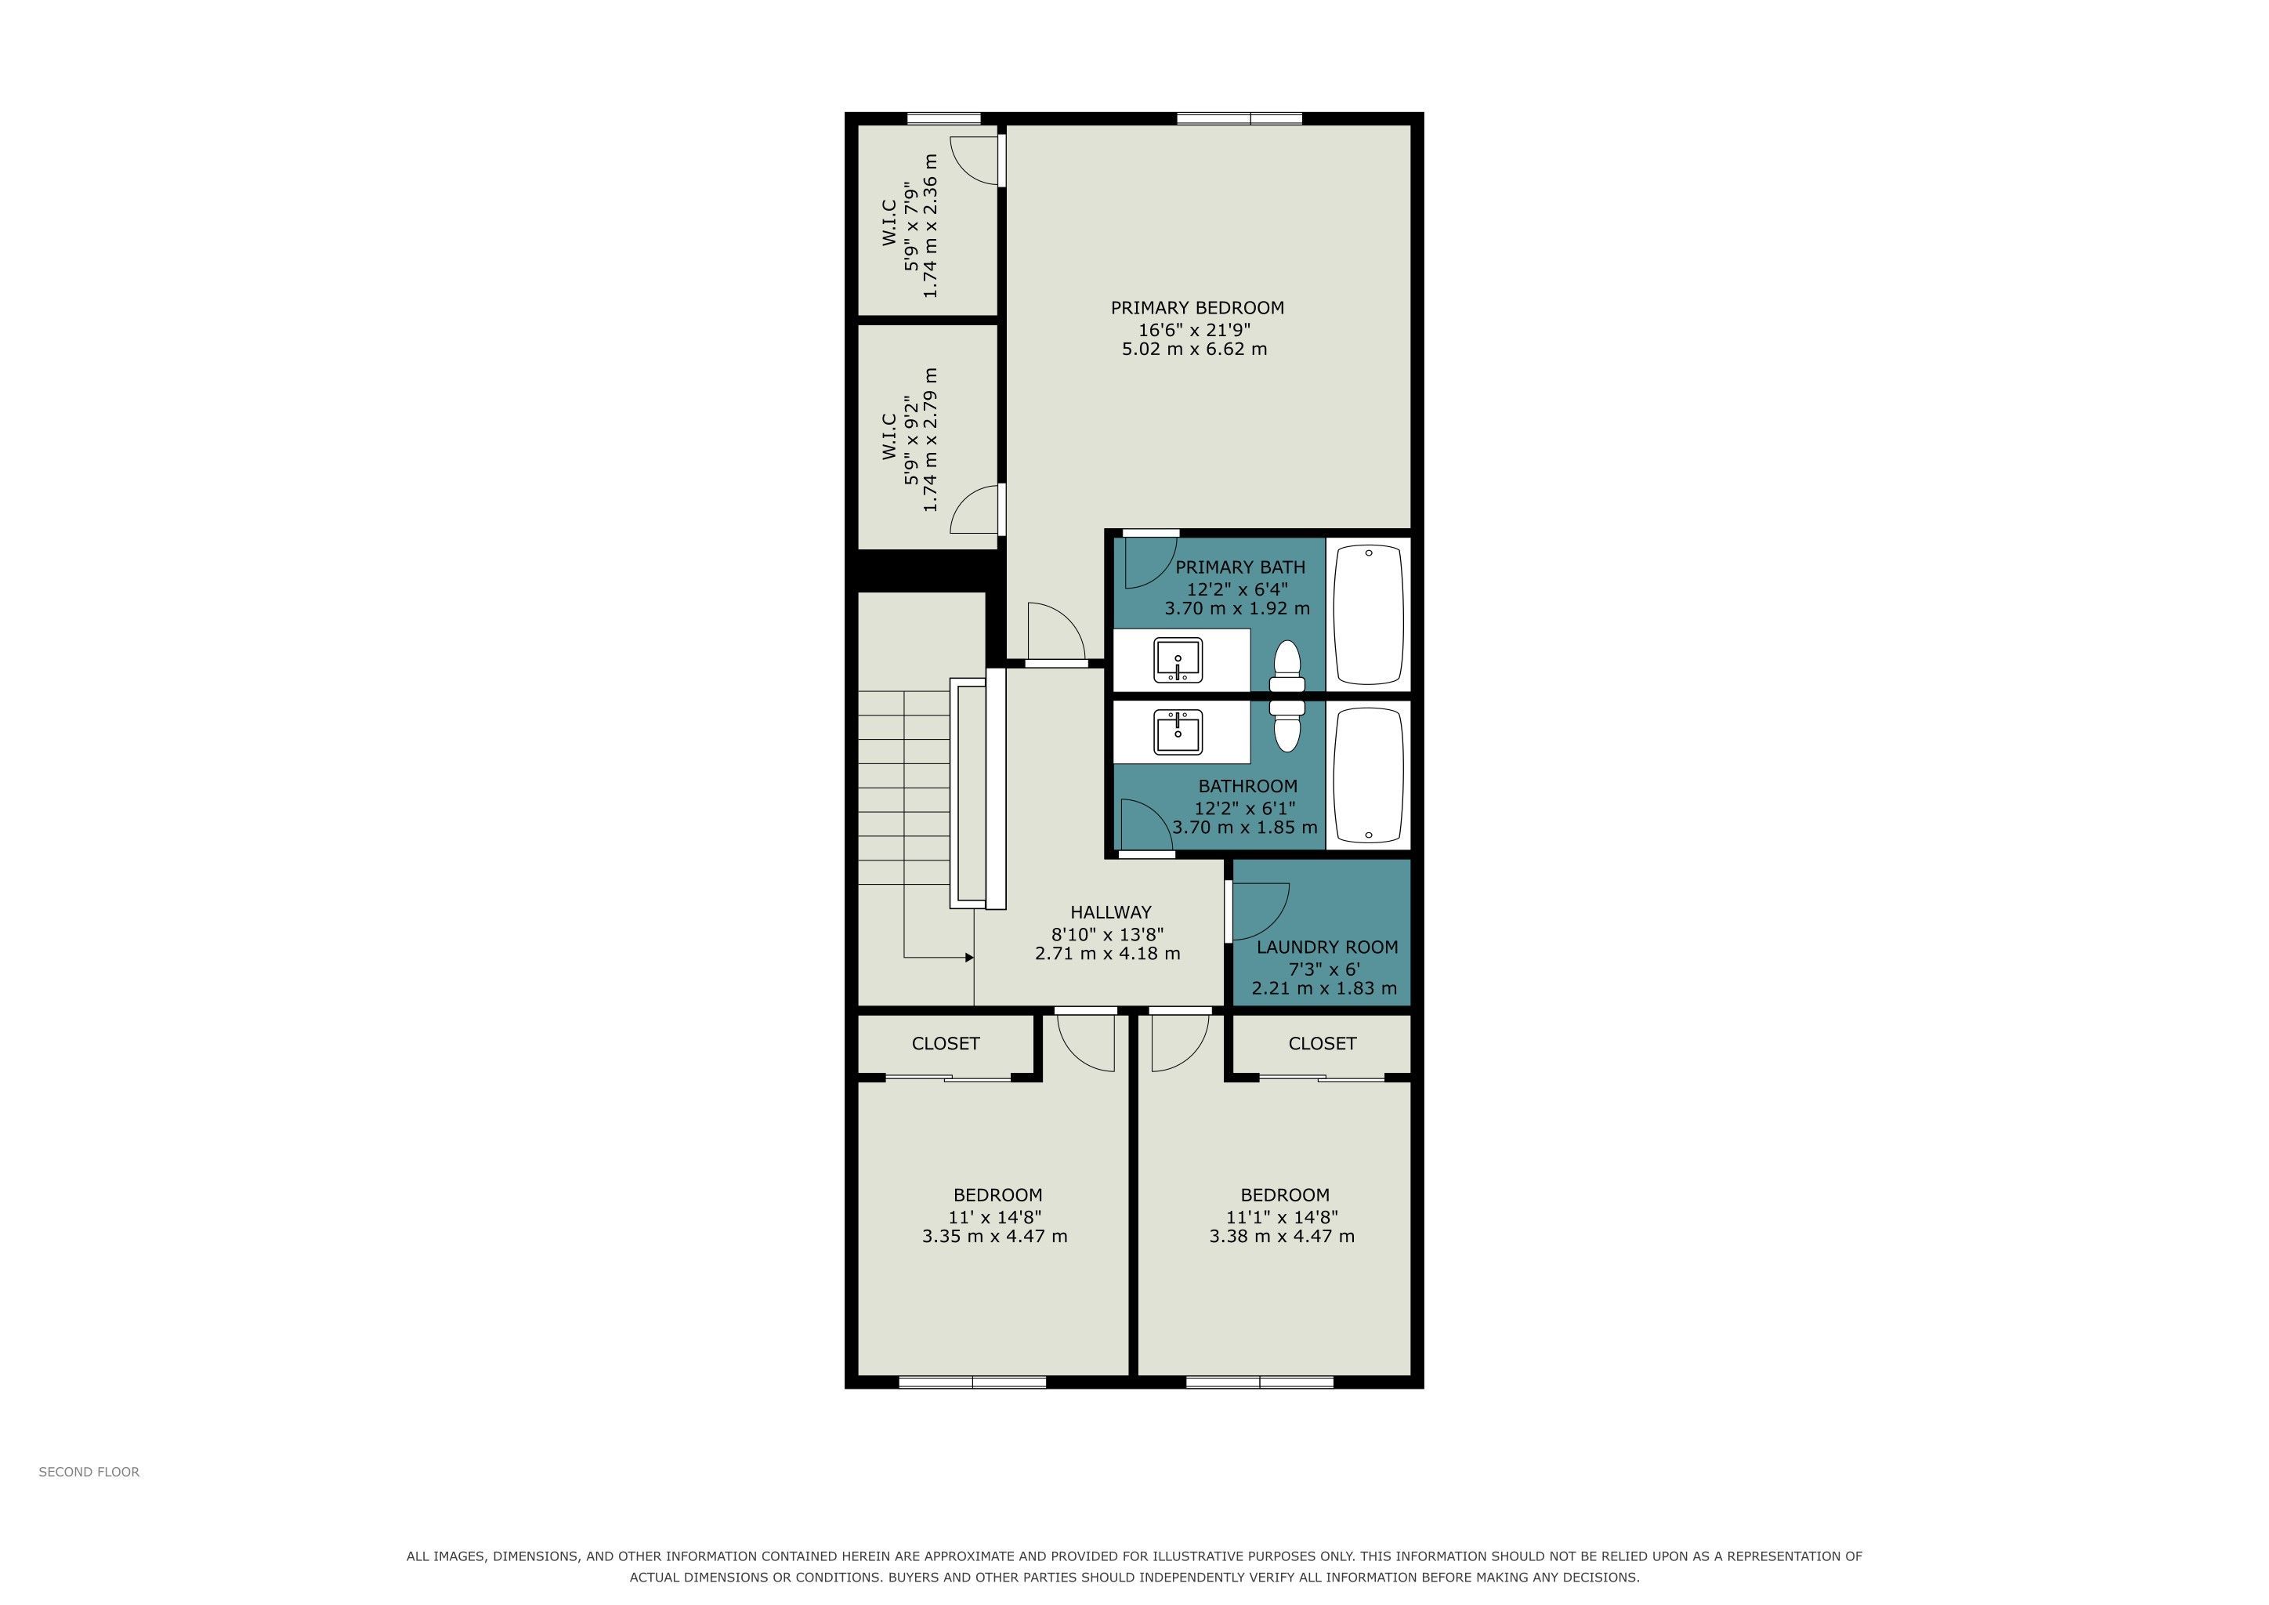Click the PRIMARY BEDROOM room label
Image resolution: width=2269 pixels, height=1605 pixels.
click(x=1196, y=308)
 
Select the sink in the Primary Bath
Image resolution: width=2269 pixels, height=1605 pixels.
click(x=1178, y=660)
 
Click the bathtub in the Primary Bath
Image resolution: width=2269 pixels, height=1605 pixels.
click(x=1369, y=616)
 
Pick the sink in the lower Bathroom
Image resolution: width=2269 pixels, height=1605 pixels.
click(x=1178, y=732)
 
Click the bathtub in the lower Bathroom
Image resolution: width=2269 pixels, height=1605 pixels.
click(x=1369, y=775)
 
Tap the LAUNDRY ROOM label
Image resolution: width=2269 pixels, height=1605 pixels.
click(x=1327, y=947)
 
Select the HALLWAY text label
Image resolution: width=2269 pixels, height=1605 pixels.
click(x=1111, y=912)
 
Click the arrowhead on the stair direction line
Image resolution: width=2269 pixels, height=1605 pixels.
click(x=969, y=958)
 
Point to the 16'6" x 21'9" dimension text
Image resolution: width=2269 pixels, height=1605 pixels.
click(x=1196, y=329)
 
